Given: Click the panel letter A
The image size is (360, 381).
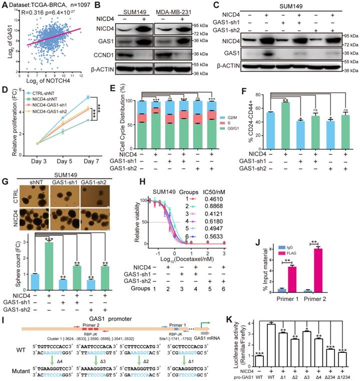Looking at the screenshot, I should click(x=5, y=7).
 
